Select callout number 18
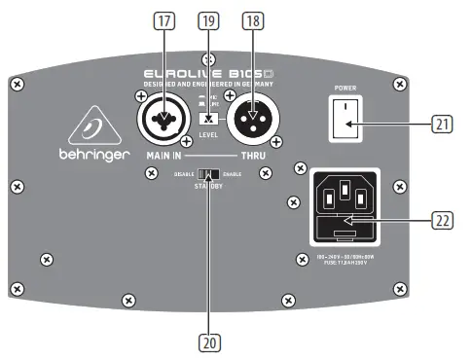coord(252,18)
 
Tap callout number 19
coord(206,18)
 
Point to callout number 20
coord(208,342)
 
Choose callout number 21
coord(444,125)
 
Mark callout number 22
coord(444,221)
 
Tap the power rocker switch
coord(345,126)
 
